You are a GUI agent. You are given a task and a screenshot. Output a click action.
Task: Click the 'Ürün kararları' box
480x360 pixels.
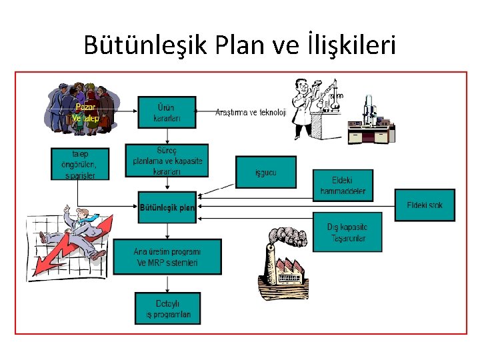(167, 113)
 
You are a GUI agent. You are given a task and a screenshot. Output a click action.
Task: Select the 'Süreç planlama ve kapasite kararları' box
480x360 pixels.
(167, 161)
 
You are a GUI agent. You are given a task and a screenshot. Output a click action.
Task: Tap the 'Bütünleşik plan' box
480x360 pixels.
(167, 208)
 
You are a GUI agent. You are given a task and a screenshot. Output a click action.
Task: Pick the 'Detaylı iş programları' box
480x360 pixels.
(167, 309)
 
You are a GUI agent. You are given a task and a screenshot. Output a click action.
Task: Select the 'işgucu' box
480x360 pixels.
(266, 173)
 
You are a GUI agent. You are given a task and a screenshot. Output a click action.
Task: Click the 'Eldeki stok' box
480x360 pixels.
(425, 205)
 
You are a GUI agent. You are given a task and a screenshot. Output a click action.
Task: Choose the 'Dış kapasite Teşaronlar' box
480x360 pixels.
(347, 233)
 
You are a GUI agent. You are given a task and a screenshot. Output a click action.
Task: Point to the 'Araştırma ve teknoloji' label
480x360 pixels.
(250, 113)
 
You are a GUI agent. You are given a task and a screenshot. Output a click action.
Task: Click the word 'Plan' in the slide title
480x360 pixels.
(241, 45)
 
